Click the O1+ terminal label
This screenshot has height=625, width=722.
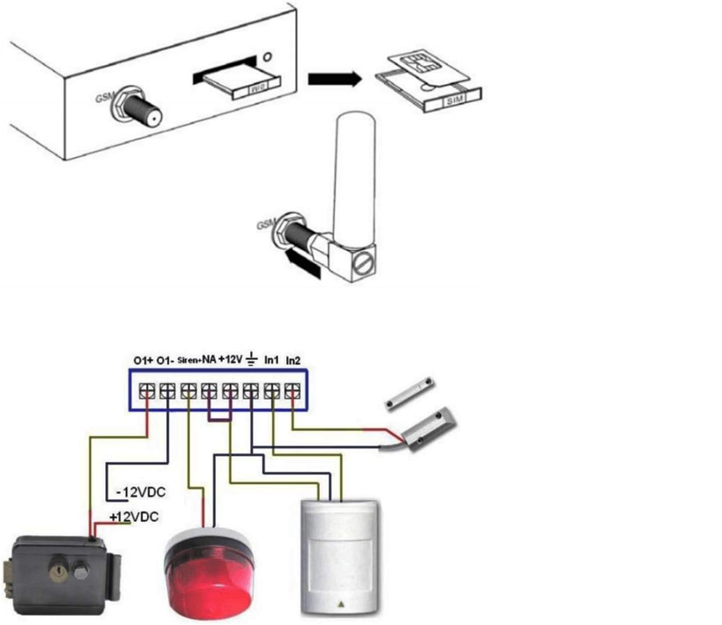[143, 360]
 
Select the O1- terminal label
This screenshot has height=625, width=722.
[165, 360]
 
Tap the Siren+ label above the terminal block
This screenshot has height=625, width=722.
[189, 360]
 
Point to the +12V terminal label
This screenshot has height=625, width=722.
[230, 359]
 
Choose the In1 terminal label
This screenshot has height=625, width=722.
[271, 360]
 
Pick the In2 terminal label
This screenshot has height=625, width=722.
[293, 361]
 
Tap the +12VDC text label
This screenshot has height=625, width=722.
[134, 517]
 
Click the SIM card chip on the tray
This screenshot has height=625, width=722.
[416, 62]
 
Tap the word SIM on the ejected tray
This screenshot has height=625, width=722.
[454, 100]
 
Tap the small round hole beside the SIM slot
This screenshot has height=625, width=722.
[267, 57]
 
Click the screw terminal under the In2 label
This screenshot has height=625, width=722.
[293, 391]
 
